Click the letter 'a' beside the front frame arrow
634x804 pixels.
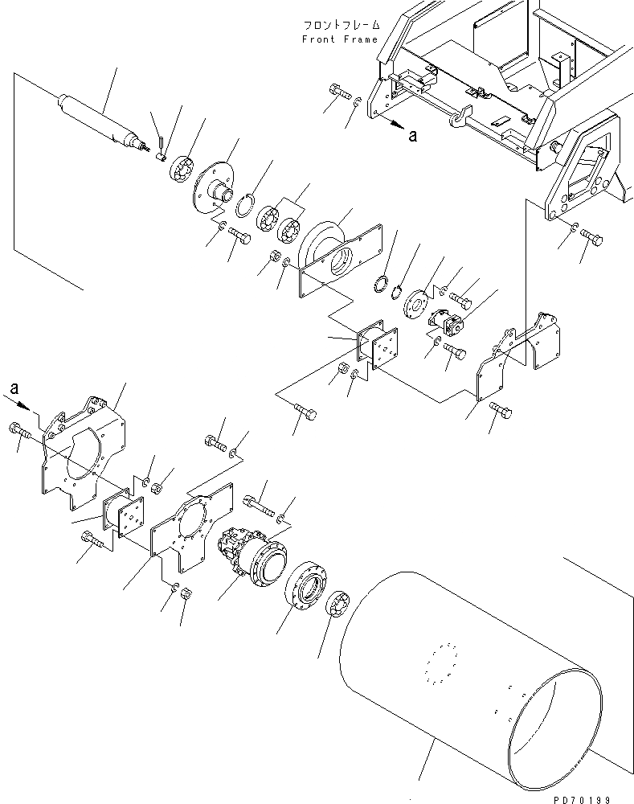click(x=412, y=136)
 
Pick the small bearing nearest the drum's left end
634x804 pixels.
click(x=340, y=605)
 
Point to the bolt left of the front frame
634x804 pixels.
click(x=338, y=95)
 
